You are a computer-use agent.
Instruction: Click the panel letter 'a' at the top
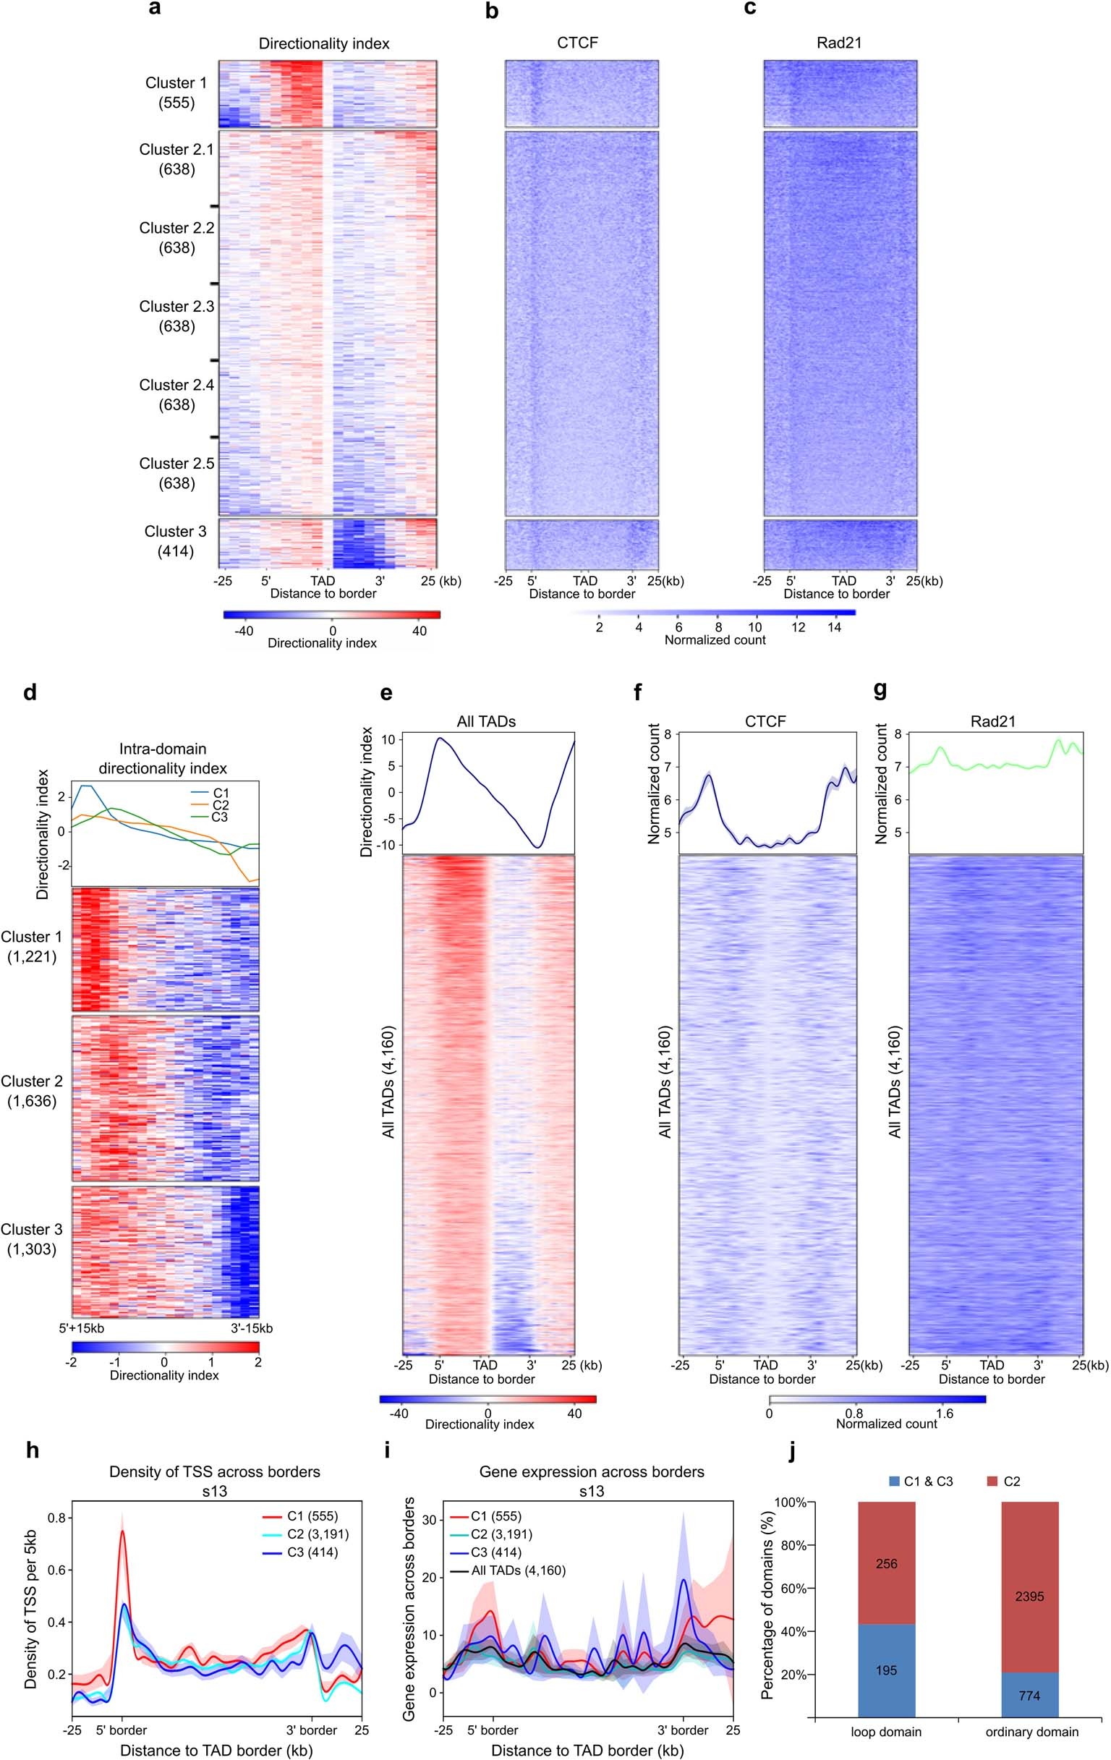tap(154, 9)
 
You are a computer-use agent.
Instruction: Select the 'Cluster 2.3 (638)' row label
tap(177, 315)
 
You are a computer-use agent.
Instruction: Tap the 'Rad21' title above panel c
tap(839, 43)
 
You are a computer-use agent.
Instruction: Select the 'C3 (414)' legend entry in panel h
tap(312, 1552)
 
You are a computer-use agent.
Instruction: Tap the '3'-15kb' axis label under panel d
tap(252, 1328)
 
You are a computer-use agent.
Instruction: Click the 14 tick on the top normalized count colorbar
tap(834, 626)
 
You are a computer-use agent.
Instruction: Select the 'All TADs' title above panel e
tap(486, 721)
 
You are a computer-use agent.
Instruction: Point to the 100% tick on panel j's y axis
tap(793, 1502)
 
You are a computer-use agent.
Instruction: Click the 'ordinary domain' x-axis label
tap(1031, 1732)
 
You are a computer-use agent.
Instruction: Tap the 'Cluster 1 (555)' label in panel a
tap(176, 92)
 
